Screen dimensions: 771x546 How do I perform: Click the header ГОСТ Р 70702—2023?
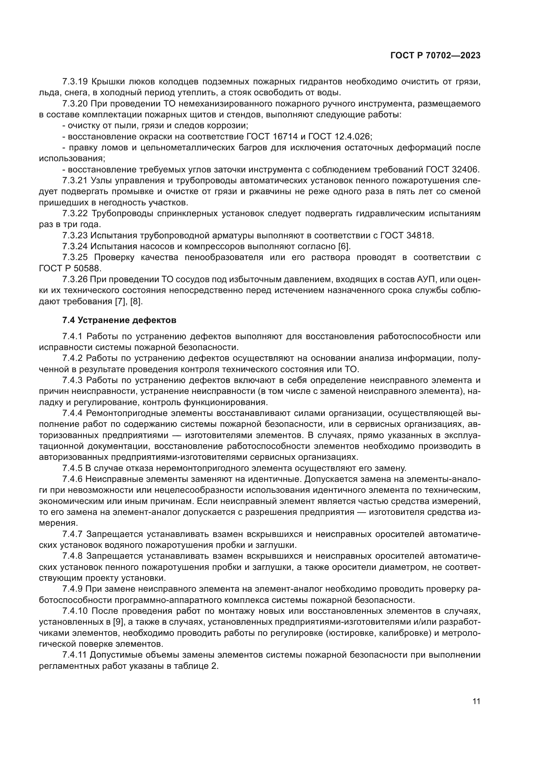pyautogui.click(x=435, y=56)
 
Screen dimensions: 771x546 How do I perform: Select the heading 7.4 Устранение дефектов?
pyautogui.click(x=119, y=320)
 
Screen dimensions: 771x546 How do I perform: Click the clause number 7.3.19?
pyautogui.click(x=75, y=82)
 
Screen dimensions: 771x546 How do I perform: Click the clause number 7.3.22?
pyautogui.click(x=75, y=214)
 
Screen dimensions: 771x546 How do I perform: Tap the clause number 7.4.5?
pyautogui.click(x=72, y=468)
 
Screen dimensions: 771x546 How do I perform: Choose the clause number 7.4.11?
pyautogui.click(x=74, y=655)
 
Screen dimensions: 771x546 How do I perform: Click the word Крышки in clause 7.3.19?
pyautogui.click(x=106, y=82)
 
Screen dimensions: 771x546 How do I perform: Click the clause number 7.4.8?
pyautogui.click(x=72, y=556)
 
